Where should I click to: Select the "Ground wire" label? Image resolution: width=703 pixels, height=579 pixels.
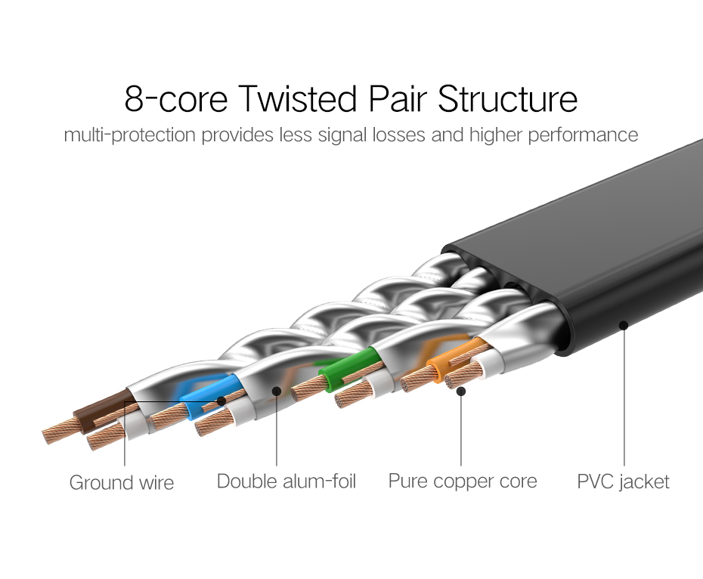pos(122,482)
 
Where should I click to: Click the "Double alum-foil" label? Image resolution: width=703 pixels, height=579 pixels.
pos(286,481)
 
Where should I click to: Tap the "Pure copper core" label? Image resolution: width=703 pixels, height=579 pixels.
pos(463,481)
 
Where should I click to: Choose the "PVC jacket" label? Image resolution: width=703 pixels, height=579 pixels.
pos(623,481)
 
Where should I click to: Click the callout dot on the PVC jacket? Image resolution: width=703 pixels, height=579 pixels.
pos(624,326)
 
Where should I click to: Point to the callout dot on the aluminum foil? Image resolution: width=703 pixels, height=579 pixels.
pos(277,391)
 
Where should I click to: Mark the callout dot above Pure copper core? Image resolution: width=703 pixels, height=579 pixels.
pos(461,391)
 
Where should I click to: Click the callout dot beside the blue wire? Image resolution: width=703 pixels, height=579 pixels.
pos(221,400)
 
